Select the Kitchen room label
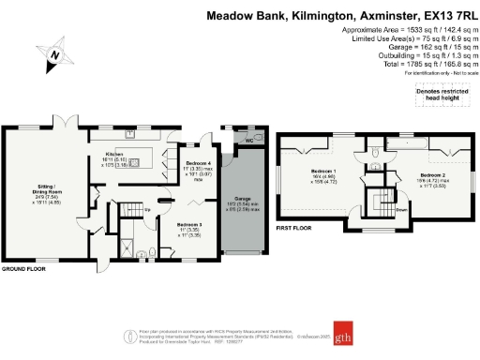click(114, 153)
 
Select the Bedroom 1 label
click(324, 172)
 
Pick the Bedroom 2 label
click(432, 176)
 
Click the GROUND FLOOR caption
click(24, 268)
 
